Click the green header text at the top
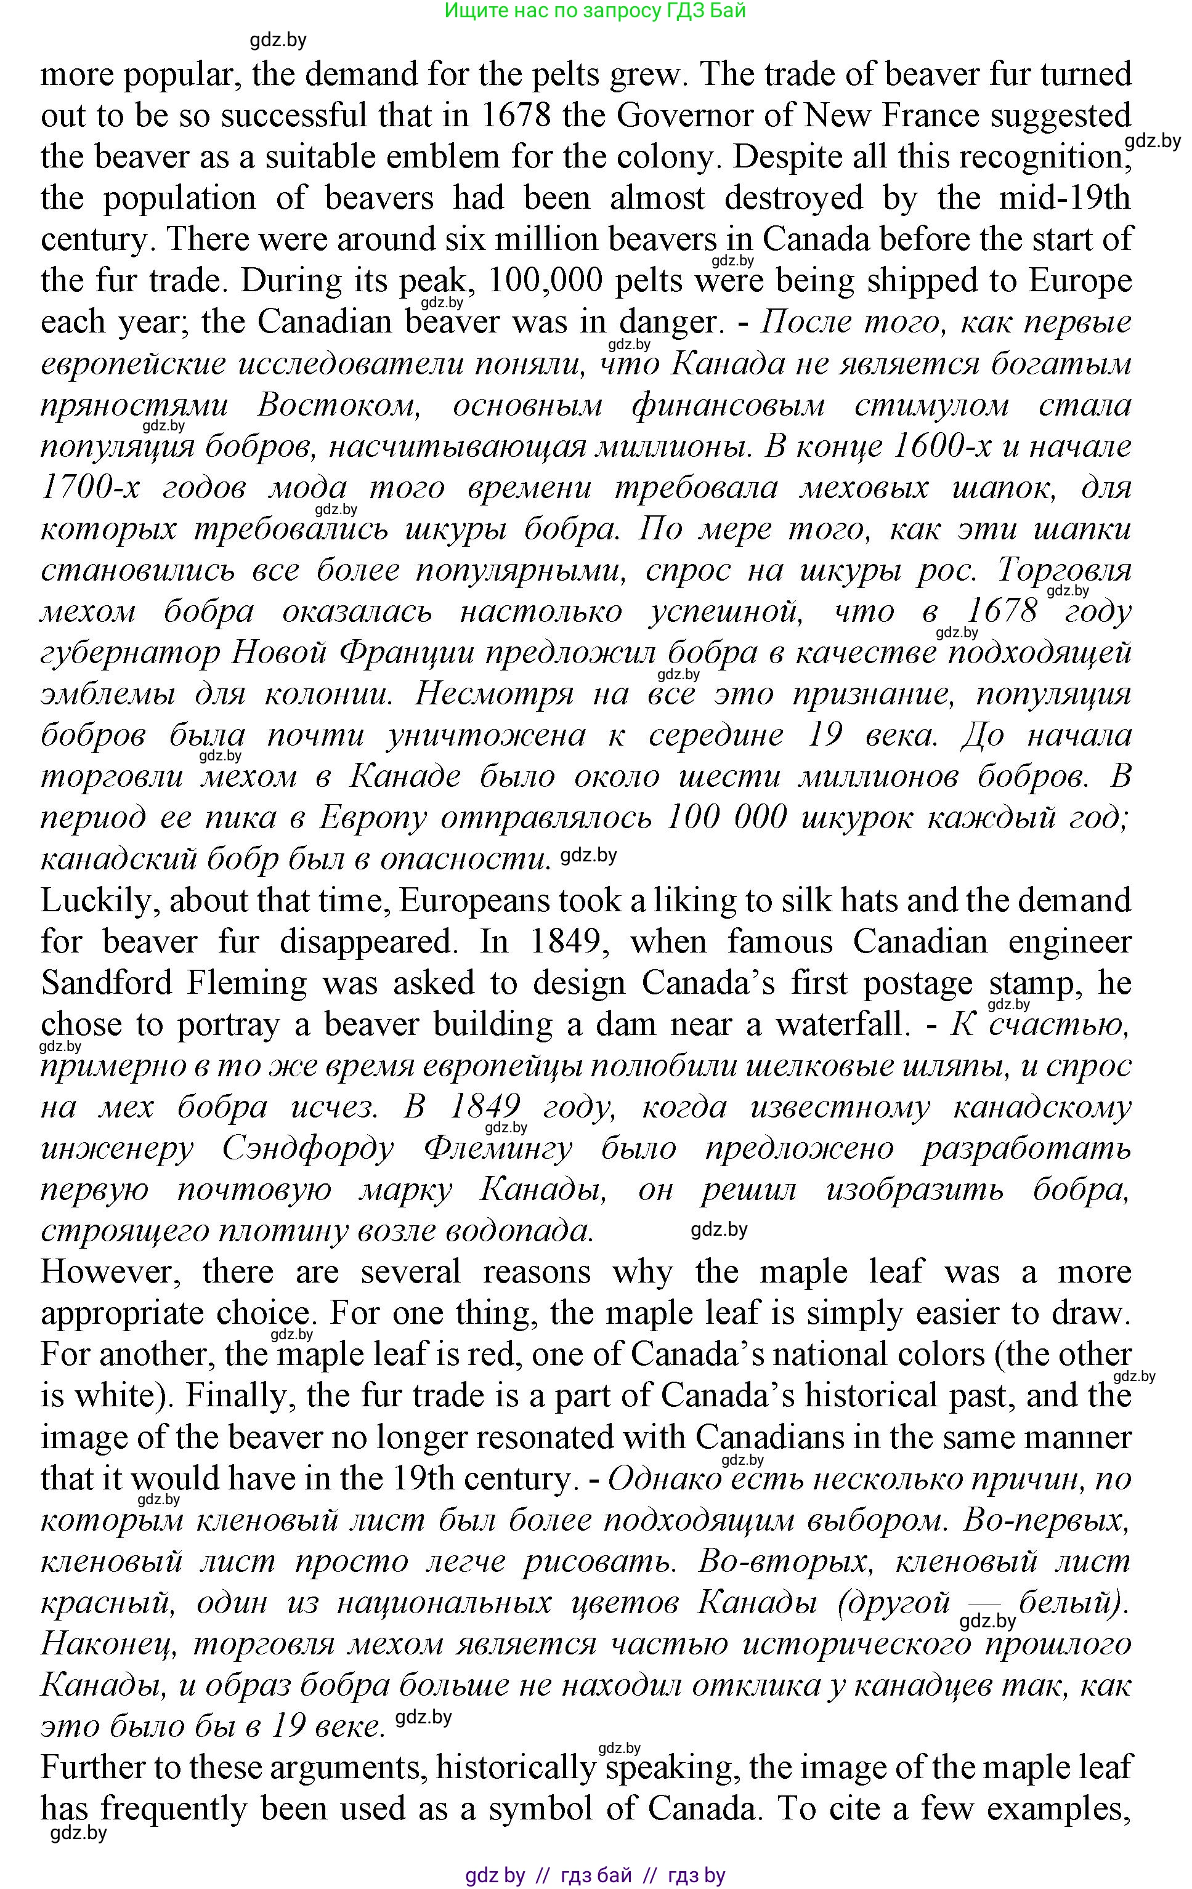point(595,10)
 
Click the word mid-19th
point(1064,198)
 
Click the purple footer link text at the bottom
point(595,1875)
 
